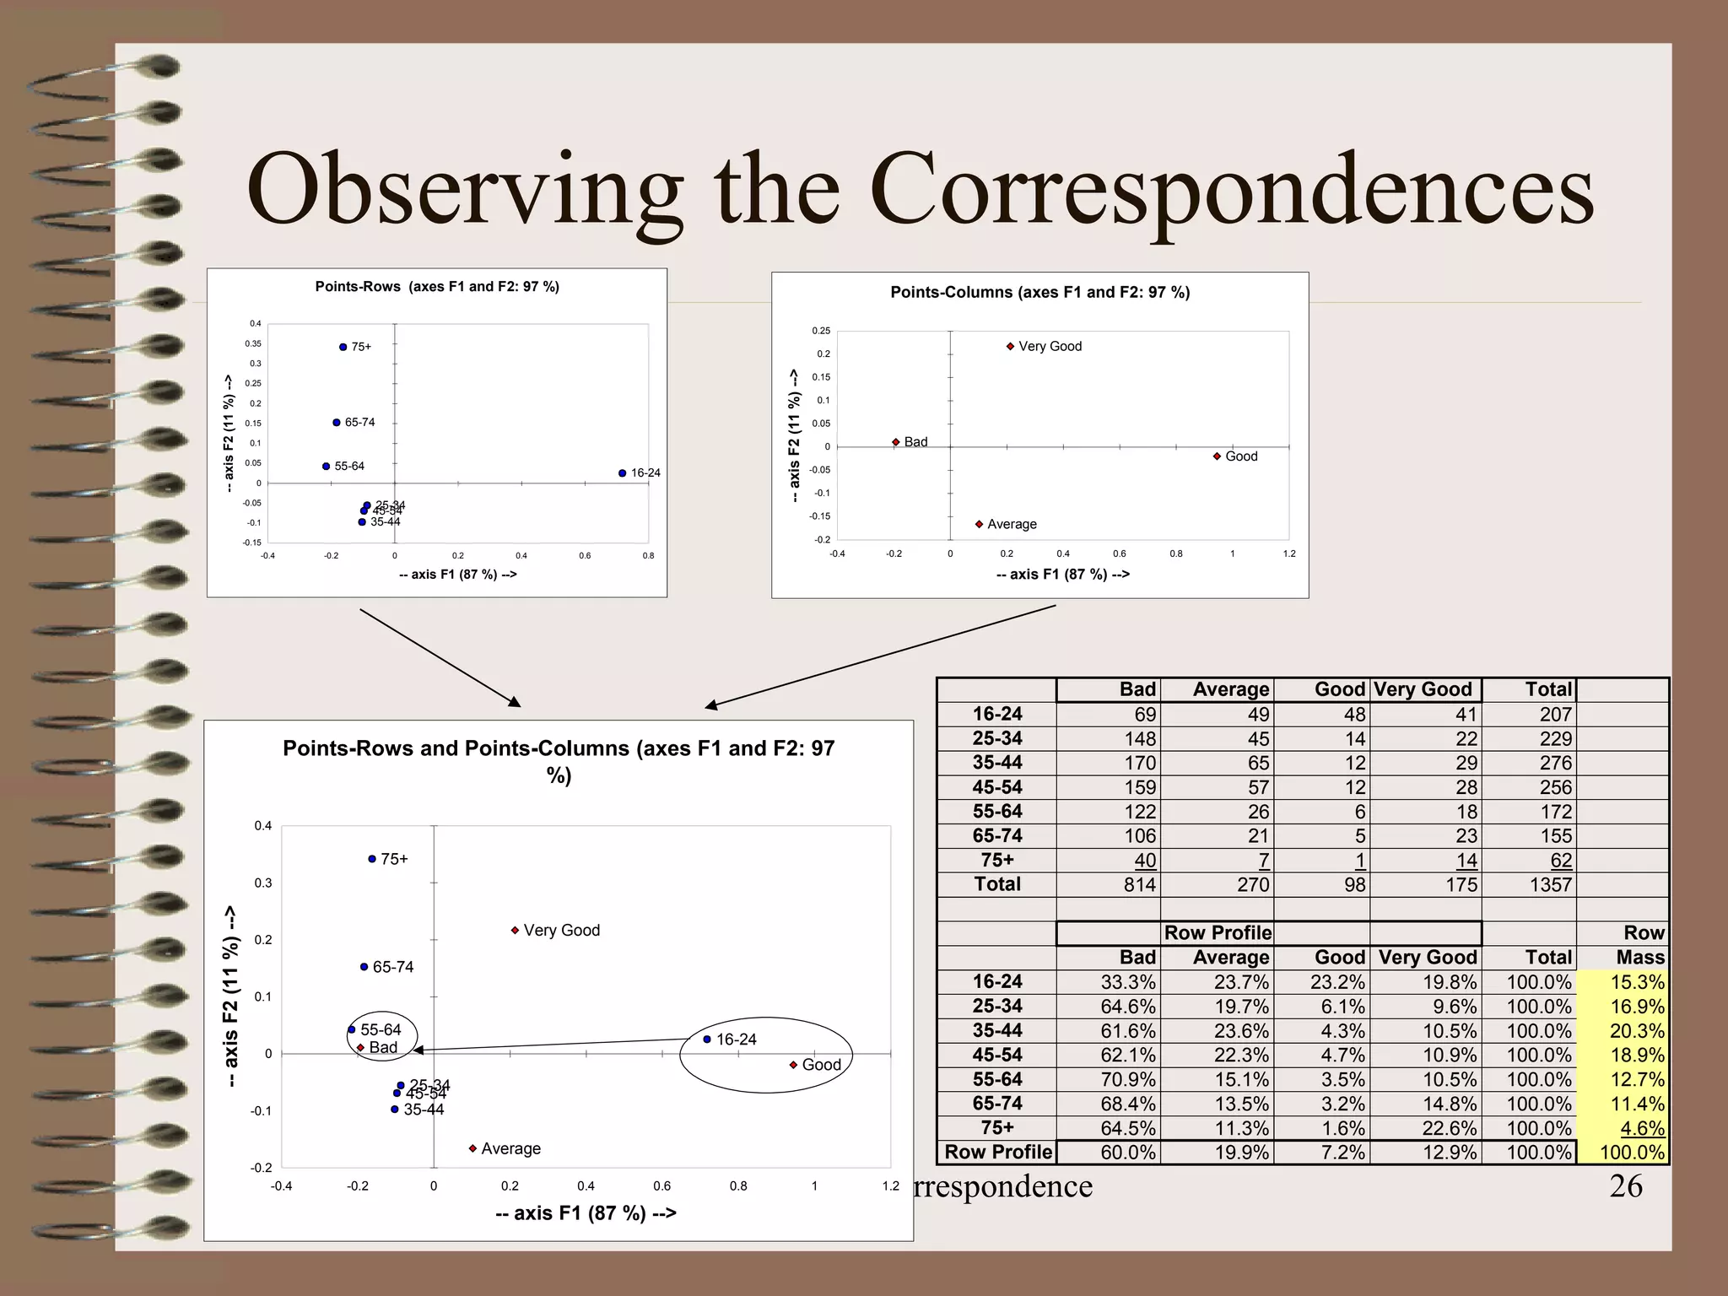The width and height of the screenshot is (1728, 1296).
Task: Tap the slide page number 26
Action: [x=1625, y=1185]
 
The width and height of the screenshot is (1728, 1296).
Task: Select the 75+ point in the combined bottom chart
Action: [x=372, y=859]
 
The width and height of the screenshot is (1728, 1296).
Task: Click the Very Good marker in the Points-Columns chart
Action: [x=1010, y=346]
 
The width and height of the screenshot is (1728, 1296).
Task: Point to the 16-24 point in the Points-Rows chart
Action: [x=622, y=473]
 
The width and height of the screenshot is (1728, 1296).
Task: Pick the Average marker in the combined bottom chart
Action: [x=472, y=1148]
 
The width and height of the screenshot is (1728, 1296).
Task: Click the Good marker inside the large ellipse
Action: [x=793, y=1065]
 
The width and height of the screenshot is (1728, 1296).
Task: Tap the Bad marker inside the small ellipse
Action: [x=360, y=1048]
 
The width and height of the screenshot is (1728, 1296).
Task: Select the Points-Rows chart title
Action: [x=437, y=287]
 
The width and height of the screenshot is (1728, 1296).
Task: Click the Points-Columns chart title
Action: [x=1039, y=293]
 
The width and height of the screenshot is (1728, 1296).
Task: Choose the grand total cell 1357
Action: [x=1550, y=885]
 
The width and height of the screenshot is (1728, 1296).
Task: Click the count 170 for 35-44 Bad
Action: [x=1139, y=763]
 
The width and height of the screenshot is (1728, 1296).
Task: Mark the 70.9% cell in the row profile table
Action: [x=1127, y=1079]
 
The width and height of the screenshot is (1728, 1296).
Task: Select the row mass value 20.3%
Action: [x=1637, y=1031]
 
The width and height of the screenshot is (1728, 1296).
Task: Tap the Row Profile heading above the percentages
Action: [x=1218, y=933]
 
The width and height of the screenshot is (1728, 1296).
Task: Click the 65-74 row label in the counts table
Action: [x=996, y=836]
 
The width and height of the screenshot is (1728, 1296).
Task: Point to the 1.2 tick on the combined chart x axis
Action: [x=890, y=1186]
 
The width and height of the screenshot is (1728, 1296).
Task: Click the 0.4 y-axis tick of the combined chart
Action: [x=263, y=826]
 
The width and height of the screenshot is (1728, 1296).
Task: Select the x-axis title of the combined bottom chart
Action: [x=586, y=1213]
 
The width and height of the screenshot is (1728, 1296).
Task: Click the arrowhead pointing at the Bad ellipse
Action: [x=418, y=1050]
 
